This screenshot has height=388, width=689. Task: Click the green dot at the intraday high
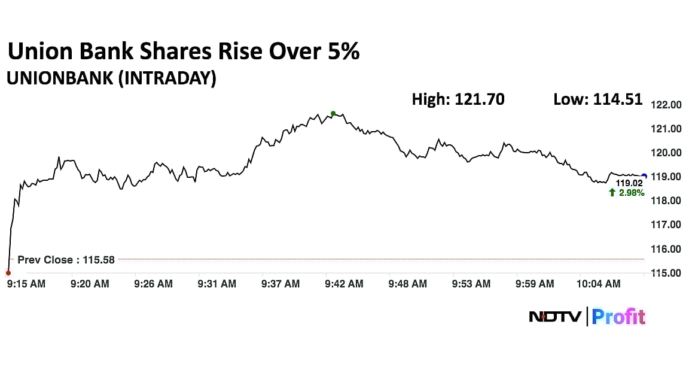coord(333,113)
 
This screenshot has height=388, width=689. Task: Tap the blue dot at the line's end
coord(644,176)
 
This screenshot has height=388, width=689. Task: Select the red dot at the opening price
coord(8,273)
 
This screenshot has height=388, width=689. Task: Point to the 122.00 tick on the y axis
coord(666,105)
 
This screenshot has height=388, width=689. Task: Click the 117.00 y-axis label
coord(666,225)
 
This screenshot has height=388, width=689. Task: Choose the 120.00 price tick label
coord(666,153)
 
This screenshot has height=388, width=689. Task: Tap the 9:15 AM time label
coord(26,284)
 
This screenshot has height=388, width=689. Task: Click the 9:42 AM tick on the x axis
coord(344,284)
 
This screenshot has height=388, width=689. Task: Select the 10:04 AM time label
coord(599,284)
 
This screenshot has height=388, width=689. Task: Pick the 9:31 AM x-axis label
coord(217,284)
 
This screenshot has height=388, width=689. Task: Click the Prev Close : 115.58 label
coord(66,260)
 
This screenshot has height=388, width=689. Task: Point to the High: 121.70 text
coord(458,99)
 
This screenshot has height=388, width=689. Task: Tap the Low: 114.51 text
coord(598,99)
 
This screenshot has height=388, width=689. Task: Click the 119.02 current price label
coord(628,183)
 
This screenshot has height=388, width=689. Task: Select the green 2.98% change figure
coord(632,192)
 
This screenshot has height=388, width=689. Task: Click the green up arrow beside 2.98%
coord(612,192)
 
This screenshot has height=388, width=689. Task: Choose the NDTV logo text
coord(554,316)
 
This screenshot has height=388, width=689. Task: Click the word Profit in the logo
coord(618,316)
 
